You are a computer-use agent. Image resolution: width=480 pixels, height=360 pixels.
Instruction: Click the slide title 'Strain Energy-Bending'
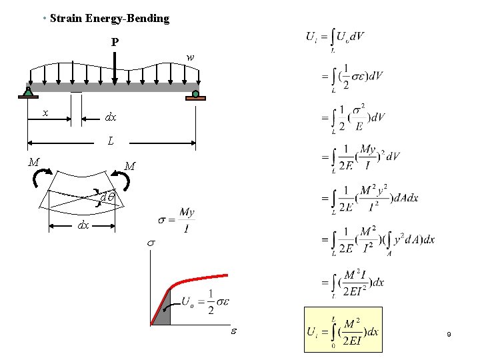(109, 19)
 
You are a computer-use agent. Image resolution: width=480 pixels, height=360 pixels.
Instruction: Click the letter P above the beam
(115, 43)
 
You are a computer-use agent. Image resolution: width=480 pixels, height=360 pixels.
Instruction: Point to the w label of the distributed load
(191, 58)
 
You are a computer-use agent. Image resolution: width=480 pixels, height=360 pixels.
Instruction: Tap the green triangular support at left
(28, 93)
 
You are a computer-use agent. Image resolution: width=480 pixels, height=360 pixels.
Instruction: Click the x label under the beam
(45, 113)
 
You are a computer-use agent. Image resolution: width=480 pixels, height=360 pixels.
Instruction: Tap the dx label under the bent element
(83, 225)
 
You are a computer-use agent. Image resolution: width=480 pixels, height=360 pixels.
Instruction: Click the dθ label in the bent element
(107, 197)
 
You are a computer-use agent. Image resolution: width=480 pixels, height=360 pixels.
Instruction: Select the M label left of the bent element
(33, 161)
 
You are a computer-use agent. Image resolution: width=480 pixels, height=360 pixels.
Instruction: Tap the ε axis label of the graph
(233, 331)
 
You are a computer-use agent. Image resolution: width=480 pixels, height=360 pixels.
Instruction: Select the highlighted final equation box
(343, 329)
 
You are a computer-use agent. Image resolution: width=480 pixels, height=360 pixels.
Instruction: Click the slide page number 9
(449, 334)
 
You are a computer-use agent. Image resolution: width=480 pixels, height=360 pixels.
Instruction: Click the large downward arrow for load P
(115, 67)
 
